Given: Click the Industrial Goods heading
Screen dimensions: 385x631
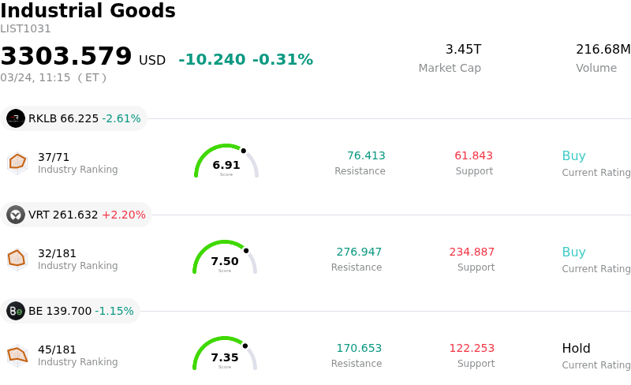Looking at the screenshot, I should click(88, 11).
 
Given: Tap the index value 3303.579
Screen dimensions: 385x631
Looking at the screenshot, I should click(66, 57).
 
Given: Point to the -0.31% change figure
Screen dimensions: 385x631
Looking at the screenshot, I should click(282, 60).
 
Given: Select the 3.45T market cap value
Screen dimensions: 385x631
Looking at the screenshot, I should click(463, 50).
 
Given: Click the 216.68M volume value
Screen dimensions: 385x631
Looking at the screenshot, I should click(603, 50).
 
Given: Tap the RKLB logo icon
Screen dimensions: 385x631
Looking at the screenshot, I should click(16, 118).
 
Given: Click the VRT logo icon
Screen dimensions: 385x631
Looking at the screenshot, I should click(16, 215).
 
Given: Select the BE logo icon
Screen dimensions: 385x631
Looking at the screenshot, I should click(16, 311).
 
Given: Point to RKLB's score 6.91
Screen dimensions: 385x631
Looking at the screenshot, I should click(226, 165).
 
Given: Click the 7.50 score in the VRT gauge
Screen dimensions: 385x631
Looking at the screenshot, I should click(225, 261).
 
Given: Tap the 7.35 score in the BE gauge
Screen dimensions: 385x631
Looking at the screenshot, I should click(225, 357).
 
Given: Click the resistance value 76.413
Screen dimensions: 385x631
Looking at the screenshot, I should click(366, 155).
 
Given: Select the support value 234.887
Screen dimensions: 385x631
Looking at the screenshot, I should click(472, 252).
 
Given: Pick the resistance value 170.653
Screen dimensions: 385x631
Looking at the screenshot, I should click(359, 348).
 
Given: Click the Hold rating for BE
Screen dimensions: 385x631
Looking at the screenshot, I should click(576, 348).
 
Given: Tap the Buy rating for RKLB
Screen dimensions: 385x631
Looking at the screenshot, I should click(573, 155).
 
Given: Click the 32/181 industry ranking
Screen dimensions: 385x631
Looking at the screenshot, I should click(57, 253).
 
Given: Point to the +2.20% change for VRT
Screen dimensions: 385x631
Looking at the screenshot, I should click(124, 215).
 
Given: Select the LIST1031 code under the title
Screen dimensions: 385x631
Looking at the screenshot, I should click(25, 29).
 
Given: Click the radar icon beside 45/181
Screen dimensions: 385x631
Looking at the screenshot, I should click(17, 355).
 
